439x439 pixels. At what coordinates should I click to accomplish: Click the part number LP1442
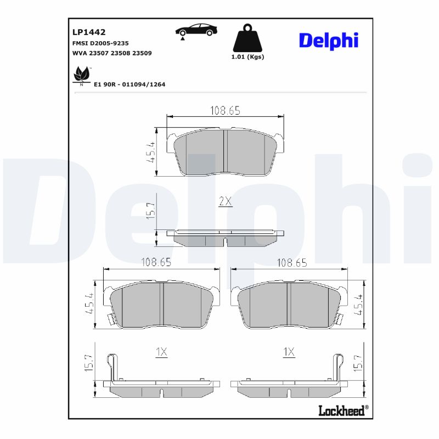point(88,32)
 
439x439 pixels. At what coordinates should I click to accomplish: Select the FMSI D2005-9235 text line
point(100,43)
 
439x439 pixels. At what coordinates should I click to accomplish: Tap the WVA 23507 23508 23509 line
point(112,53)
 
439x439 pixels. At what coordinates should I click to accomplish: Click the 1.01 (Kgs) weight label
point(247,57)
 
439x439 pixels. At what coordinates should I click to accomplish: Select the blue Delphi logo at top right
point(329,40)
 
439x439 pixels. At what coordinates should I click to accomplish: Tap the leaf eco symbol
point(82,74)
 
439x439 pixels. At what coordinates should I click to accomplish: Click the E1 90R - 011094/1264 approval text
point(130,85)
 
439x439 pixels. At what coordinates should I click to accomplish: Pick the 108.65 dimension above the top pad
point(225,111)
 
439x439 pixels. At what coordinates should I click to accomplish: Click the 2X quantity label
point(226,201)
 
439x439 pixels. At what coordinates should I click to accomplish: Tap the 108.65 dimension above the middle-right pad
point(291,263)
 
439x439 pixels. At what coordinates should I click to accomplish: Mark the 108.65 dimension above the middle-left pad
point(156,263)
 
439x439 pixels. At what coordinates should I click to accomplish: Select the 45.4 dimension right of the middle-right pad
point(359,305)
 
